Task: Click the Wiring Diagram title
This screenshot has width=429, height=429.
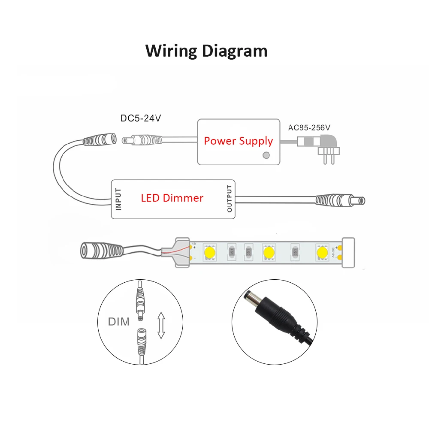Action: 206,51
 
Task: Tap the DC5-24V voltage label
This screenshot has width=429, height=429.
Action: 141,118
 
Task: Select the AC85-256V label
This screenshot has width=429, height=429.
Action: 309,127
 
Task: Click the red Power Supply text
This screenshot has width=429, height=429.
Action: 238,141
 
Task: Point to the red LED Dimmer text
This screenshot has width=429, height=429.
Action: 172,198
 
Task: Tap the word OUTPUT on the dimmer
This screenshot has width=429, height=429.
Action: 230,199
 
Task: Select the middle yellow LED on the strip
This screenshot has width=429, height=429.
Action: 268,251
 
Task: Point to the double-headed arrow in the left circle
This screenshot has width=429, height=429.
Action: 161,326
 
